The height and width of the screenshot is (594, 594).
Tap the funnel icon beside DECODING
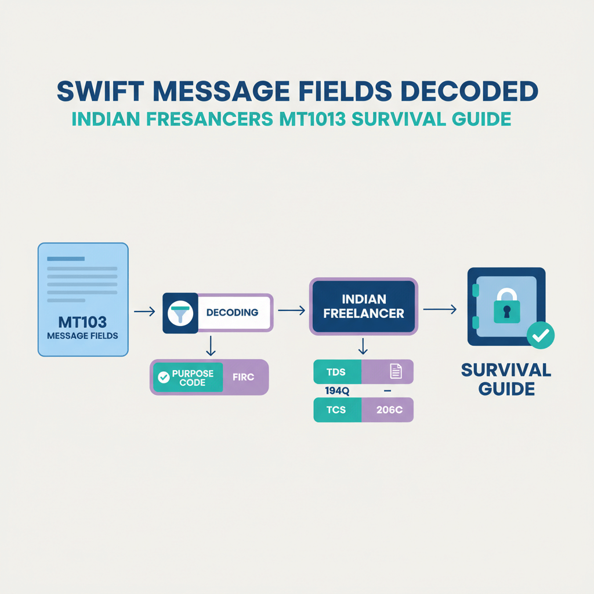[180, 312]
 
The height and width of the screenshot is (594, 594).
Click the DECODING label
[232, 313]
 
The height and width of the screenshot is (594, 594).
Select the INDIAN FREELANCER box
[363, 306]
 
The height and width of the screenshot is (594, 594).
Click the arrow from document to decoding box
[144, 312]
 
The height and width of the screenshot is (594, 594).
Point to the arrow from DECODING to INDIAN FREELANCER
[291, 310]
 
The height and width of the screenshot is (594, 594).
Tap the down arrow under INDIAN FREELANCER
[363, 347]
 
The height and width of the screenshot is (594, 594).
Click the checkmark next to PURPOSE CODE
[164, 377]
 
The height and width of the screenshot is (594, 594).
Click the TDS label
[336, 372]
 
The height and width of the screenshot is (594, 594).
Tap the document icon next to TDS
[396, 372]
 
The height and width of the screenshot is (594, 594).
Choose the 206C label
[389, 410]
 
